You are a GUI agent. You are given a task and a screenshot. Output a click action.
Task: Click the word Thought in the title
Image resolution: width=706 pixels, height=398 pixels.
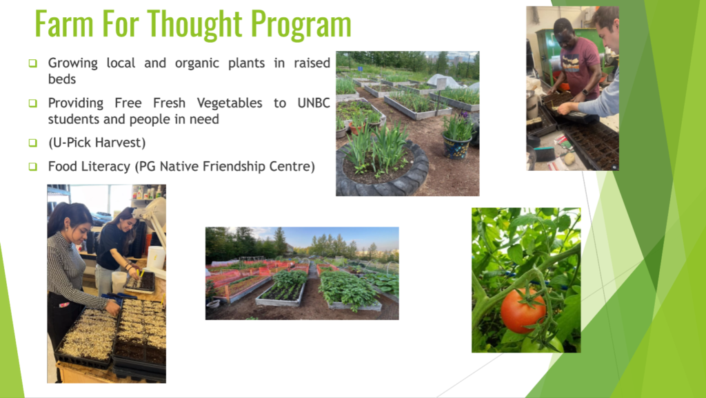(x=194, y=24)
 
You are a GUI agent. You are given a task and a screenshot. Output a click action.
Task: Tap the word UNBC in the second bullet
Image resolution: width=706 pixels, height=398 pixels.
(x=314, y=103)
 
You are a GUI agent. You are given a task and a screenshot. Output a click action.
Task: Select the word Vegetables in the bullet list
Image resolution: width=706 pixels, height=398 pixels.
(x=230, y=103)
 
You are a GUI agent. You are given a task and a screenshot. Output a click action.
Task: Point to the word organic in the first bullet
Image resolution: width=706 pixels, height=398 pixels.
(x=196, y=63)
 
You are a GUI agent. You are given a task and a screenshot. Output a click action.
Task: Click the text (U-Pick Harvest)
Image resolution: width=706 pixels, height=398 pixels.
(x=97, y=143)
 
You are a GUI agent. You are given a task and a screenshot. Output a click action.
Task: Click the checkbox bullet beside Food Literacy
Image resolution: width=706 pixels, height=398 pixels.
(x=33, y=167)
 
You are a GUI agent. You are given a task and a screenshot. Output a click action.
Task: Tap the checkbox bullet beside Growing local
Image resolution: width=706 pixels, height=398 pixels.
(x=33, y=63)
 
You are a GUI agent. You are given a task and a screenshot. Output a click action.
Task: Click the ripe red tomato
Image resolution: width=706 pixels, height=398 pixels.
(x=523, y=311)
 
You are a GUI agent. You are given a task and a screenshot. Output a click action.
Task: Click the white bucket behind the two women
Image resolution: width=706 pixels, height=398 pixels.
(x=156, y=258)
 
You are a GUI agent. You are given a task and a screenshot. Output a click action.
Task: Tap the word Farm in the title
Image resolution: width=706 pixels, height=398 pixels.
(x=64, y=24)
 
